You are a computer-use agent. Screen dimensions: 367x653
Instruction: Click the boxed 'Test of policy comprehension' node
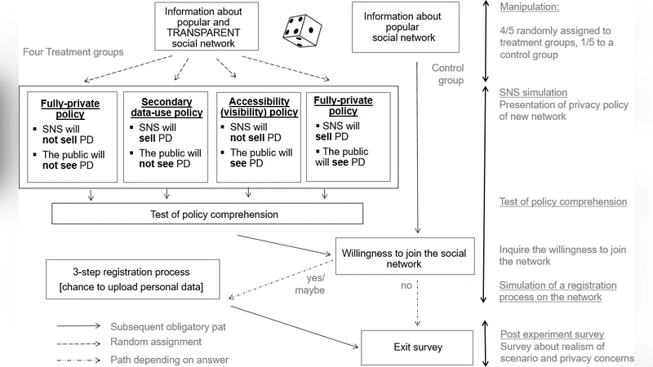tap(207, 214)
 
